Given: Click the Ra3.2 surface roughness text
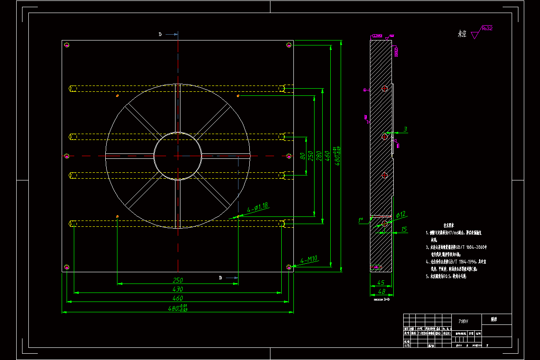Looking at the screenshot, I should point(487,28).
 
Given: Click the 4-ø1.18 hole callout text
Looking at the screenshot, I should point(257,207).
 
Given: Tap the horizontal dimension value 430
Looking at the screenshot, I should point(178,289).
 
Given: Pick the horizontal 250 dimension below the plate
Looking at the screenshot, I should point(178,280).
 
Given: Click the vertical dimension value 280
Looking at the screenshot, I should point(319,155).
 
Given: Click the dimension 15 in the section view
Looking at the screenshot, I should point(404,229).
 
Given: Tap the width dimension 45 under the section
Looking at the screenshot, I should point(380,283).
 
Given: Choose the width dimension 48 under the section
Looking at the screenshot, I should point(381,292).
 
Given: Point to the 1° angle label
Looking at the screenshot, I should point(360,220).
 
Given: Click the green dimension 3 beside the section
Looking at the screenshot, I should point(405,130).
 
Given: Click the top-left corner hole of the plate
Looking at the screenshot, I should point(67,45).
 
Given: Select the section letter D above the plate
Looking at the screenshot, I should point(160,34).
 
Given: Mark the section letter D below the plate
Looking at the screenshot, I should point(220,278).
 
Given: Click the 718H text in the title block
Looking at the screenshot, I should point(463,321).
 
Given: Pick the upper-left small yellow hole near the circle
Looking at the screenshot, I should point(117,96).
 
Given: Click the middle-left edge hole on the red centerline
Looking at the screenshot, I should point(67,156).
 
